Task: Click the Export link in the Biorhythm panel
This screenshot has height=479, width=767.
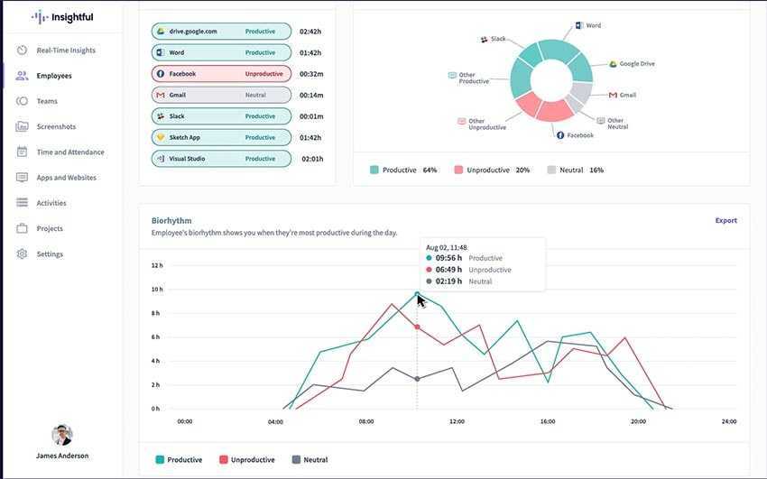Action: click(x=725, y=220)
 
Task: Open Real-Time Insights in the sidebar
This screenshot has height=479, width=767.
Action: click(x=65, y=51)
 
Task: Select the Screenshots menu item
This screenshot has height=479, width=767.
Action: click(x=56, y=126)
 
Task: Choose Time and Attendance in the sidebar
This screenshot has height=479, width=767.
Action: click(x=69, y=152)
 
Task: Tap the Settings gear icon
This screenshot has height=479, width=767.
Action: click(x=22, y=254)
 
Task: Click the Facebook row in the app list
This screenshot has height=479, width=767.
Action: click(x=221, y=74)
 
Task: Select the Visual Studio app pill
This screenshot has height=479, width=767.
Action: click(x=221, y=159)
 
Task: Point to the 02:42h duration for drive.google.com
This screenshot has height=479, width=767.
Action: click(x=310, y=32)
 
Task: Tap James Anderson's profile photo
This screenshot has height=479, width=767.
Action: click(x=62, y=435)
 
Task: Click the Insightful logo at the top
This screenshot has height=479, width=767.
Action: click(x=62, y=17)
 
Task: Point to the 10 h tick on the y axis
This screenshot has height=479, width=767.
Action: click(x=156, y=290)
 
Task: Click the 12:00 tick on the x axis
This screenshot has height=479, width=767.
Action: click(x=457, y=421)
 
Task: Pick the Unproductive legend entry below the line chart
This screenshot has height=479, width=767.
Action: click(x=247, y=460)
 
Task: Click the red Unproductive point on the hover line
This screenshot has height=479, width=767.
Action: click(x=417, y=327)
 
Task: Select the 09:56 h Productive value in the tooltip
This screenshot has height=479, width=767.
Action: click(x=448, y=258)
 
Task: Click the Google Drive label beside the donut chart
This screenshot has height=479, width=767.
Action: click(x=636, y=64)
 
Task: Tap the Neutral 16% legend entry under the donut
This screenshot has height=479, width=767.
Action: click(x=575, y=170)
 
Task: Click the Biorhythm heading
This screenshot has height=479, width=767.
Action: click(x=171, y=220)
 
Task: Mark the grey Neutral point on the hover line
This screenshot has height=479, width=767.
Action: click(x=417, y=379)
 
